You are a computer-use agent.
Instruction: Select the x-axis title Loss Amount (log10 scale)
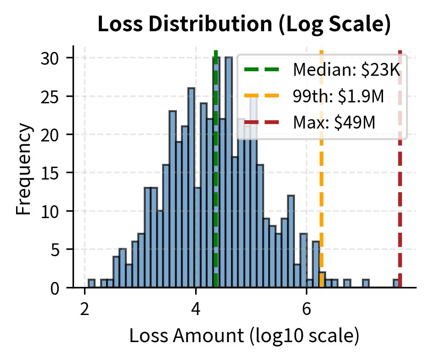tap(244, 336)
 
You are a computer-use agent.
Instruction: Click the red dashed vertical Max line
tap(400, 207)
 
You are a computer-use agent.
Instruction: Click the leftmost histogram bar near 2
tap(91, 284)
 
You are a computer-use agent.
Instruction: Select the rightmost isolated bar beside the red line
tap(395, 284)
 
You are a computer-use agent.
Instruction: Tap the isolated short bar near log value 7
tap(366, 284)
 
